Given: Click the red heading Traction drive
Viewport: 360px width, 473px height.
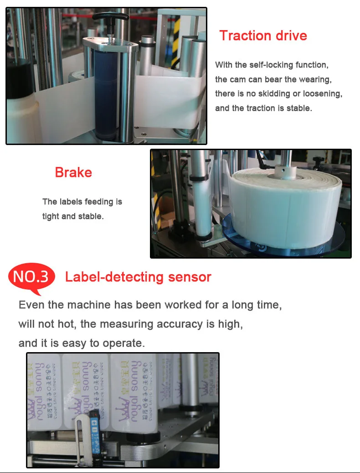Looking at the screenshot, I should (x=263, y=36).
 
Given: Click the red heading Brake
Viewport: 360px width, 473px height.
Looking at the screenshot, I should (x=73, y=172).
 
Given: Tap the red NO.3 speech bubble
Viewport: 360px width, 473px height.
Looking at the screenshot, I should (x=31, y=277).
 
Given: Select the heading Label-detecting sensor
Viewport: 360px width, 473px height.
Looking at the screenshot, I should (x=138, y=277).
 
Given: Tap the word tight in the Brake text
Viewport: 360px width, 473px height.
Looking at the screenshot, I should (x=51, y=216).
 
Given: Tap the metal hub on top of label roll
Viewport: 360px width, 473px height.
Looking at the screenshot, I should (x=286, y=172).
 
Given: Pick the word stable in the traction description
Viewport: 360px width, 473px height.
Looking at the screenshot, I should (x=299, y=108).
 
